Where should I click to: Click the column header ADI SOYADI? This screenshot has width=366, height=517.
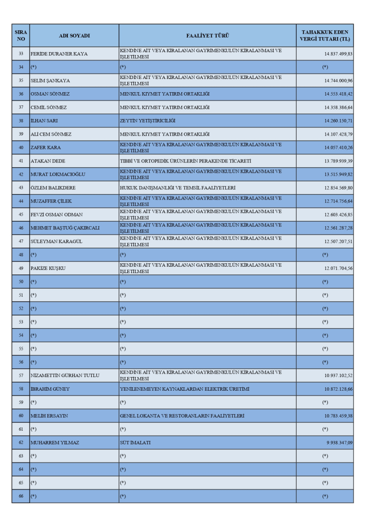point(74,35)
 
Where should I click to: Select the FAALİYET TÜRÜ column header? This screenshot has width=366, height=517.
point(207,35)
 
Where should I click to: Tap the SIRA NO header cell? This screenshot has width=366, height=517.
point(20,35)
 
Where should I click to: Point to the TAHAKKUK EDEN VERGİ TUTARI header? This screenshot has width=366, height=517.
point(325,35)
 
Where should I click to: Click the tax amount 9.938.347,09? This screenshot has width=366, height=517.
point(335,443)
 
